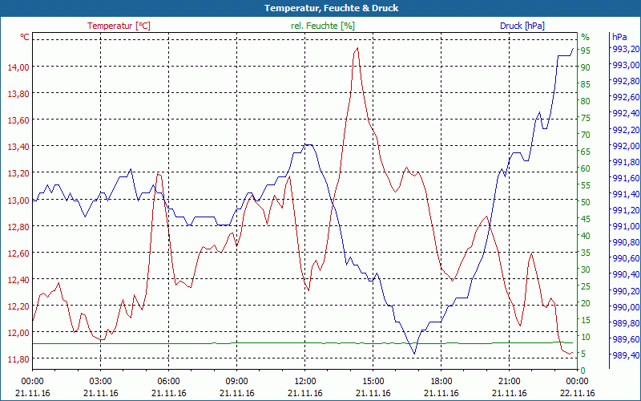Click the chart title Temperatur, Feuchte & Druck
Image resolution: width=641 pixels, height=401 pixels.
tap(320, 8)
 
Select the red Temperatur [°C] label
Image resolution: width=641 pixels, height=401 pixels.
tap(119, 26)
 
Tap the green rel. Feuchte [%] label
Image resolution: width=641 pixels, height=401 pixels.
tap(323, 26)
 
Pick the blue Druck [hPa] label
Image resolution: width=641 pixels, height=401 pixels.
tap(522, 26)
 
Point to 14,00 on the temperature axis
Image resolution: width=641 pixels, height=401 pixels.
tap(18, 67)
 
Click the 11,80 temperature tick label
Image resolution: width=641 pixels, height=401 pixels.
tap(18, 359)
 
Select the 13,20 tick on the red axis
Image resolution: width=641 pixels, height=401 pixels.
tap(18, 173)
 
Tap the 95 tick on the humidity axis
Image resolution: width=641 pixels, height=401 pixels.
tap(586, 51)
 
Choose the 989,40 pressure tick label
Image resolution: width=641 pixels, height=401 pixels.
tap(625, 354)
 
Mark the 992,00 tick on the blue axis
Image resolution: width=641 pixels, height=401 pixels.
tap(625, 146)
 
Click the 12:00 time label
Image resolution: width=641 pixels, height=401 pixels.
tap(304, 381)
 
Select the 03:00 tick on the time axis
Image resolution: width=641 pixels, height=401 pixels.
tap(100, 381)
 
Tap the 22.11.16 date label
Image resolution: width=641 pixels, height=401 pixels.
tap(578, 393)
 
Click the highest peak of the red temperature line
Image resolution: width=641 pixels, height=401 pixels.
tap(357, 48)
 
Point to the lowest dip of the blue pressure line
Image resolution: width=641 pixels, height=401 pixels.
tap(414, 353)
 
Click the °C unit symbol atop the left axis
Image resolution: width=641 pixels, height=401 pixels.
tap(25, 37)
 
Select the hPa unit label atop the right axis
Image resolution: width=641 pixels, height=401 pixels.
tap(619, 37)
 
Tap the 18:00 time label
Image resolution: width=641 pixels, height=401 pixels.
tap(441, 381)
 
